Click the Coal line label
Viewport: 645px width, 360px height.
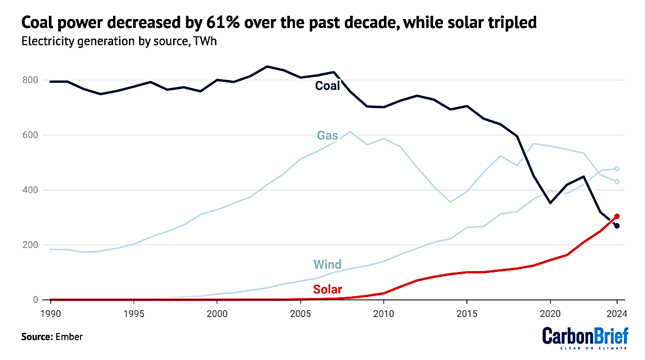coord(327,86)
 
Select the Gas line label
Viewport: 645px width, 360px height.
coord(327,136)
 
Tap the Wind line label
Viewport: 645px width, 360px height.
coord(327,265)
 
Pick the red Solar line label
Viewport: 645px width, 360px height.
coord(327,289)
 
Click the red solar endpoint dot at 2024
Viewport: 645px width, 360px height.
coord(617,216)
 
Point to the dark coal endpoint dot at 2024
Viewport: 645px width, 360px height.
coord(617,226)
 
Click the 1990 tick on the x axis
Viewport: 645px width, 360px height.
coord(50,313)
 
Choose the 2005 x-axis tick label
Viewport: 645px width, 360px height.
coord(300,313)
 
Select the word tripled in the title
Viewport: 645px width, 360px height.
coord(509,22)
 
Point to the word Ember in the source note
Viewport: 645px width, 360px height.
coord(69,336)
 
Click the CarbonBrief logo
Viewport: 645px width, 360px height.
coord(585,338)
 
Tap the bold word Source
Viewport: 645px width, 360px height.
coord(37,336)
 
